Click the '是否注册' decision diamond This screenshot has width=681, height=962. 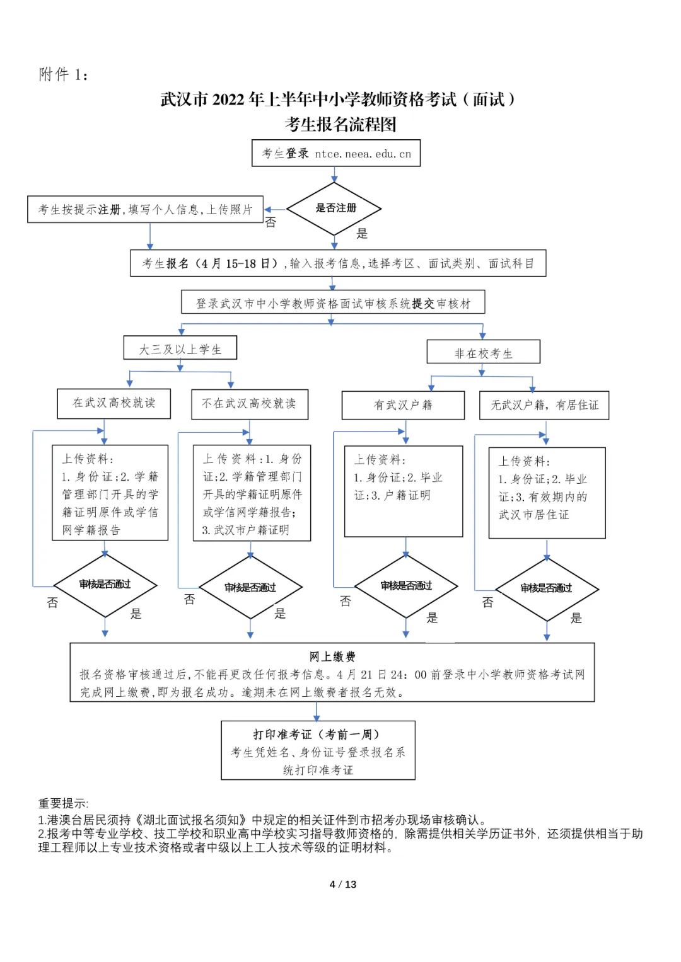(x=335, y=209)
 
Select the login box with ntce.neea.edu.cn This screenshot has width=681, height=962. (x=335, y=153)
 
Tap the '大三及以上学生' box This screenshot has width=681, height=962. (x=180, y=349)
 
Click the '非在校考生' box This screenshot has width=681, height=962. (x=483, y=353)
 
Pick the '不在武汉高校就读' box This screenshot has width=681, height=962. (x=249, y=404)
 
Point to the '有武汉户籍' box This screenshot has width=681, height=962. (x=403, y=405)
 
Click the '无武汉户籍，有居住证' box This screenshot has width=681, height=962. (x=544, y=405)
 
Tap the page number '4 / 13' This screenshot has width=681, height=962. (x=342, y=885)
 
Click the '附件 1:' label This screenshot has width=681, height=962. (x=63, y=75)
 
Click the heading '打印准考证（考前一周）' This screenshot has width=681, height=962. (x=317, y=735)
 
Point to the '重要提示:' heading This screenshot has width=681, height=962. (x=63, y=803)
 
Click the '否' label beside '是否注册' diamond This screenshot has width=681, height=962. (x=271, y=222)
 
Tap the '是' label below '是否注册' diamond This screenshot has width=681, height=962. (x=361, y=234)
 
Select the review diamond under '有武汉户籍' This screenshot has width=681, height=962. (x=406, y=586)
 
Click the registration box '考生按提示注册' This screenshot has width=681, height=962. (x=145, y=209)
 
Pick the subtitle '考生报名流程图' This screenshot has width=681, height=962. (x=340, y=124)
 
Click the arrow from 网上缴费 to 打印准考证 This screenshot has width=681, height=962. (x=317, y=712)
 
